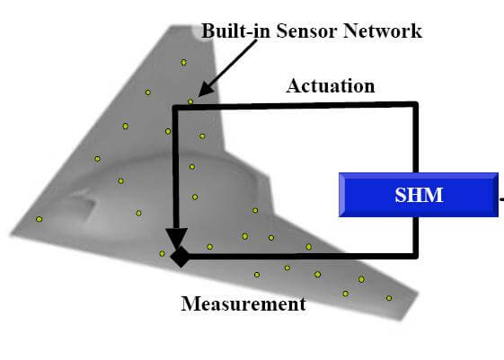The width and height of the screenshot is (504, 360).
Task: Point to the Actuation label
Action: (x=331, y=86)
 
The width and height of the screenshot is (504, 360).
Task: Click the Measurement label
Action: (x=243, y=303)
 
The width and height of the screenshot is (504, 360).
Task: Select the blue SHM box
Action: (x=419, y=195)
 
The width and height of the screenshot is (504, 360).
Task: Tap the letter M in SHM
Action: (x=434, y=195)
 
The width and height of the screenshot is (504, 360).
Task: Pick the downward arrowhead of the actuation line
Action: (x=176, y=238)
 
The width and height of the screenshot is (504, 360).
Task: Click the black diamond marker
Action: (x=181, y=257)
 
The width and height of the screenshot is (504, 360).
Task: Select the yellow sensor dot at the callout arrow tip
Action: (x=190, y=101)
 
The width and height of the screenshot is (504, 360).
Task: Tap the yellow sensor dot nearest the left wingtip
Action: (x=39, y=219)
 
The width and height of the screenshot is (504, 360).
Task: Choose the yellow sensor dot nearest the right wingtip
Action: (x=389, y=298)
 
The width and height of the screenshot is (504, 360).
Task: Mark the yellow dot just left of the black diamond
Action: (x=162, y=254)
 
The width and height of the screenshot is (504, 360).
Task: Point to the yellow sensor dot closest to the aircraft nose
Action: (x=183, y=62)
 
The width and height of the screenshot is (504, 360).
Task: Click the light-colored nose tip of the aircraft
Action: (x=197, y=32)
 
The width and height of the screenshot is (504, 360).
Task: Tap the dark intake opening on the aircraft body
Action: (x=82, y=205)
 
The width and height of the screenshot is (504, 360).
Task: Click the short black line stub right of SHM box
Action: (x=501, y=199)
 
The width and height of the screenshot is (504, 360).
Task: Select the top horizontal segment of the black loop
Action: (x=296, y=105)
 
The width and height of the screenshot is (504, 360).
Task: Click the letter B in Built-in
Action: (x=208, y=31)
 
